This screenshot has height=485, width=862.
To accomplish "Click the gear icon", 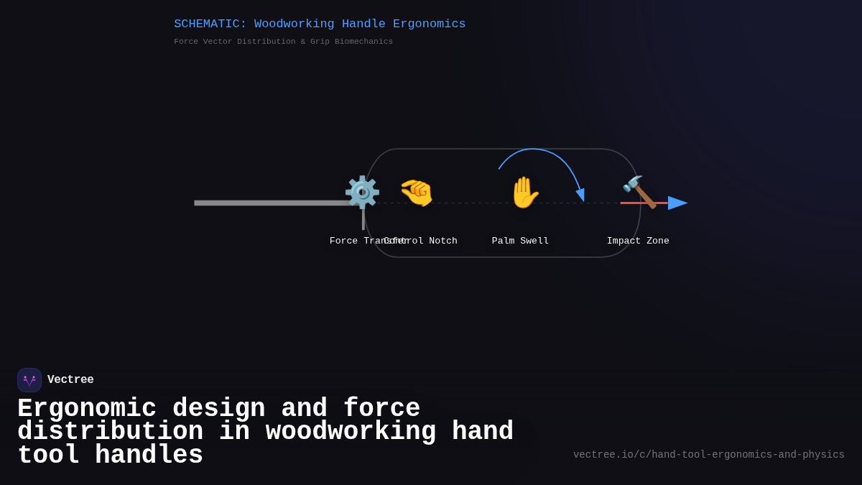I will (x=362, y=192).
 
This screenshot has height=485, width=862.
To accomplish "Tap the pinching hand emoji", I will (x=417, y=193).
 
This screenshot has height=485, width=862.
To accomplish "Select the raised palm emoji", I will (x=524, y=193).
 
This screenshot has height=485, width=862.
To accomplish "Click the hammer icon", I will (x=639, y=192).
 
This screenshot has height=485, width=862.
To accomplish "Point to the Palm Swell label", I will (x=520, y=241).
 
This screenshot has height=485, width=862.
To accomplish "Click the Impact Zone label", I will (x=638, y=241).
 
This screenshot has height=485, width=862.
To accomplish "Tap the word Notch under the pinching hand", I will (x=443, y=241).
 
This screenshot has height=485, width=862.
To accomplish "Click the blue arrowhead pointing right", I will (x=677, y=203).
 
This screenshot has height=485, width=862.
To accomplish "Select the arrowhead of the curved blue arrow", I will (x=580, y=195).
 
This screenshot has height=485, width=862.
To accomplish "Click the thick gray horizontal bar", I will (x=273, y=203).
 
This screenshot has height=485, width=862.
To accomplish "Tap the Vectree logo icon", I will (x=29, y=380).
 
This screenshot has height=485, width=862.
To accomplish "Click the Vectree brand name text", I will (x=70, y=380).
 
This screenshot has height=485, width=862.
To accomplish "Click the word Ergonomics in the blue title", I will (x=429, y=24).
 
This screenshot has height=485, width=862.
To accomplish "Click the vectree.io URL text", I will (x=708, y=455).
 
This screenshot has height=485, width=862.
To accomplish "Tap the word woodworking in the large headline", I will (x=351, y=432).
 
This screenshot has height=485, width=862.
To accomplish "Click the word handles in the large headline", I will (x=149, y=456).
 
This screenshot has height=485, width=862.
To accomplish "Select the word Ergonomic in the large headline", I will (x=87, y=409).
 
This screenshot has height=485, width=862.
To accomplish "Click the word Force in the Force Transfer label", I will (x=343, y=241).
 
